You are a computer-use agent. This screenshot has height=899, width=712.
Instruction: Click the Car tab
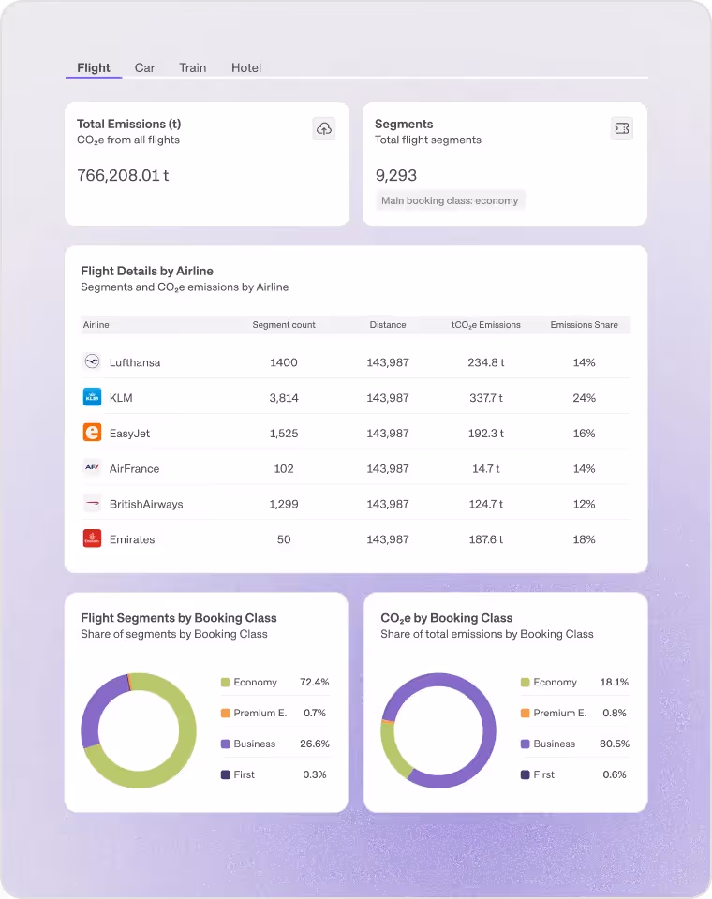point(144,67)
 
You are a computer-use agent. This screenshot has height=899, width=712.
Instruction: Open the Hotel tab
point(246,67)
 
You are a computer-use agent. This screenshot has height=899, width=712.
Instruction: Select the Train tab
point(193,67)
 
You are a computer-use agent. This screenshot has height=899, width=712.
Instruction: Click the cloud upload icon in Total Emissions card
point(323,129)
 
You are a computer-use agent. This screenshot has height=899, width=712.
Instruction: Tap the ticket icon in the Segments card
point(621,128)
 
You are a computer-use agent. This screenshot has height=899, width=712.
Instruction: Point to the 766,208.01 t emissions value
point(123,175)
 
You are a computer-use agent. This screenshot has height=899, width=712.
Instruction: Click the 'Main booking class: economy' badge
point(450,200)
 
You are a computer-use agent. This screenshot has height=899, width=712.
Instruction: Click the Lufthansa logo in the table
point(92,361)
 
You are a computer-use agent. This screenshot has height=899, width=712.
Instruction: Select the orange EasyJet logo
point(92,433)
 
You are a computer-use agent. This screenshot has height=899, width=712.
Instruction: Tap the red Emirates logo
point(92,538)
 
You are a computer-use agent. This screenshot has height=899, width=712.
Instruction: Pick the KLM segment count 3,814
point(284,398)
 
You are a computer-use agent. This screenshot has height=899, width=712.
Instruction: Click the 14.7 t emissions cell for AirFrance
point(485,468)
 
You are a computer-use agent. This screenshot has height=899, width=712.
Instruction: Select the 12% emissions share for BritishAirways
point(584,504)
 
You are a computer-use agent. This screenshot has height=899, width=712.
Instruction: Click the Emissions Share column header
point(584,325)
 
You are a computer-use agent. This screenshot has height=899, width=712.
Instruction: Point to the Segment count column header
point(284,325)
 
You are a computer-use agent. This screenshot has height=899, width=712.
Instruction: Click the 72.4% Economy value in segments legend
point(314,683)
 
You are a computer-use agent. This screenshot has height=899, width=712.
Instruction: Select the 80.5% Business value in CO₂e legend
point(614,744)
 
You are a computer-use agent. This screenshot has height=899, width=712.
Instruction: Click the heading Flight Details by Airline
point(147,271)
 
